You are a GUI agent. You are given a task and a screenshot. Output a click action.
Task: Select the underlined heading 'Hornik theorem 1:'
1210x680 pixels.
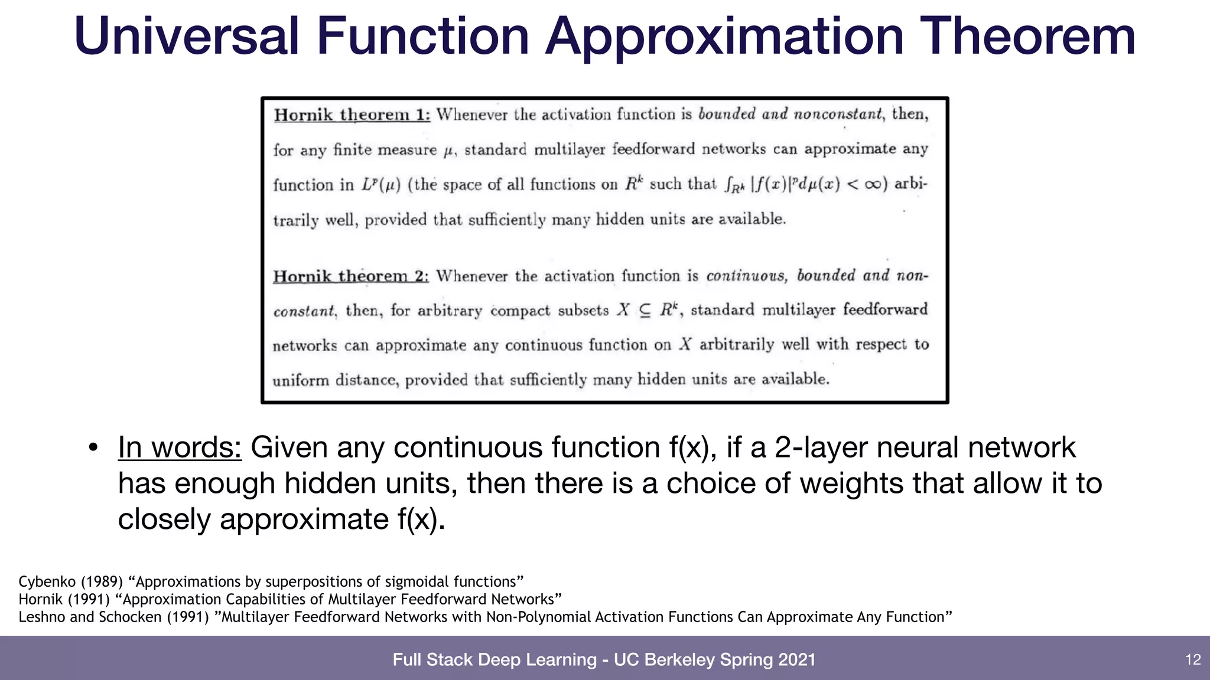[352, 115]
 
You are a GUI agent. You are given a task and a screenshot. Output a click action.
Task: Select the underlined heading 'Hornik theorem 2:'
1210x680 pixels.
[351, 276]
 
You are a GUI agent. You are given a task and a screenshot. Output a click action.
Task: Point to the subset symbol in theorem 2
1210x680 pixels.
[645, 310]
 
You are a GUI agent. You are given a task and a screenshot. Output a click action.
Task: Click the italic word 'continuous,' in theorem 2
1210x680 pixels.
[746, 276]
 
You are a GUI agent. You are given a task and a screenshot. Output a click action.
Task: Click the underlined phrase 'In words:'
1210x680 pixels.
[180, 447]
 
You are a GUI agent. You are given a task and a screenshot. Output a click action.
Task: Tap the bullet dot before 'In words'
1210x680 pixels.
[93, 447]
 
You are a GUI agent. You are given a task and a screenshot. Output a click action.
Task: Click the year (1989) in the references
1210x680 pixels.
[102, 582]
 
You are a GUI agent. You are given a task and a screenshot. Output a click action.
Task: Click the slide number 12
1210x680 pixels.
[1193, 659]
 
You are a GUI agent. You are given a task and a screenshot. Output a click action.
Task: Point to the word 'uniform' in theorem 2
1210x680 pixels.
[300, 380]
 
